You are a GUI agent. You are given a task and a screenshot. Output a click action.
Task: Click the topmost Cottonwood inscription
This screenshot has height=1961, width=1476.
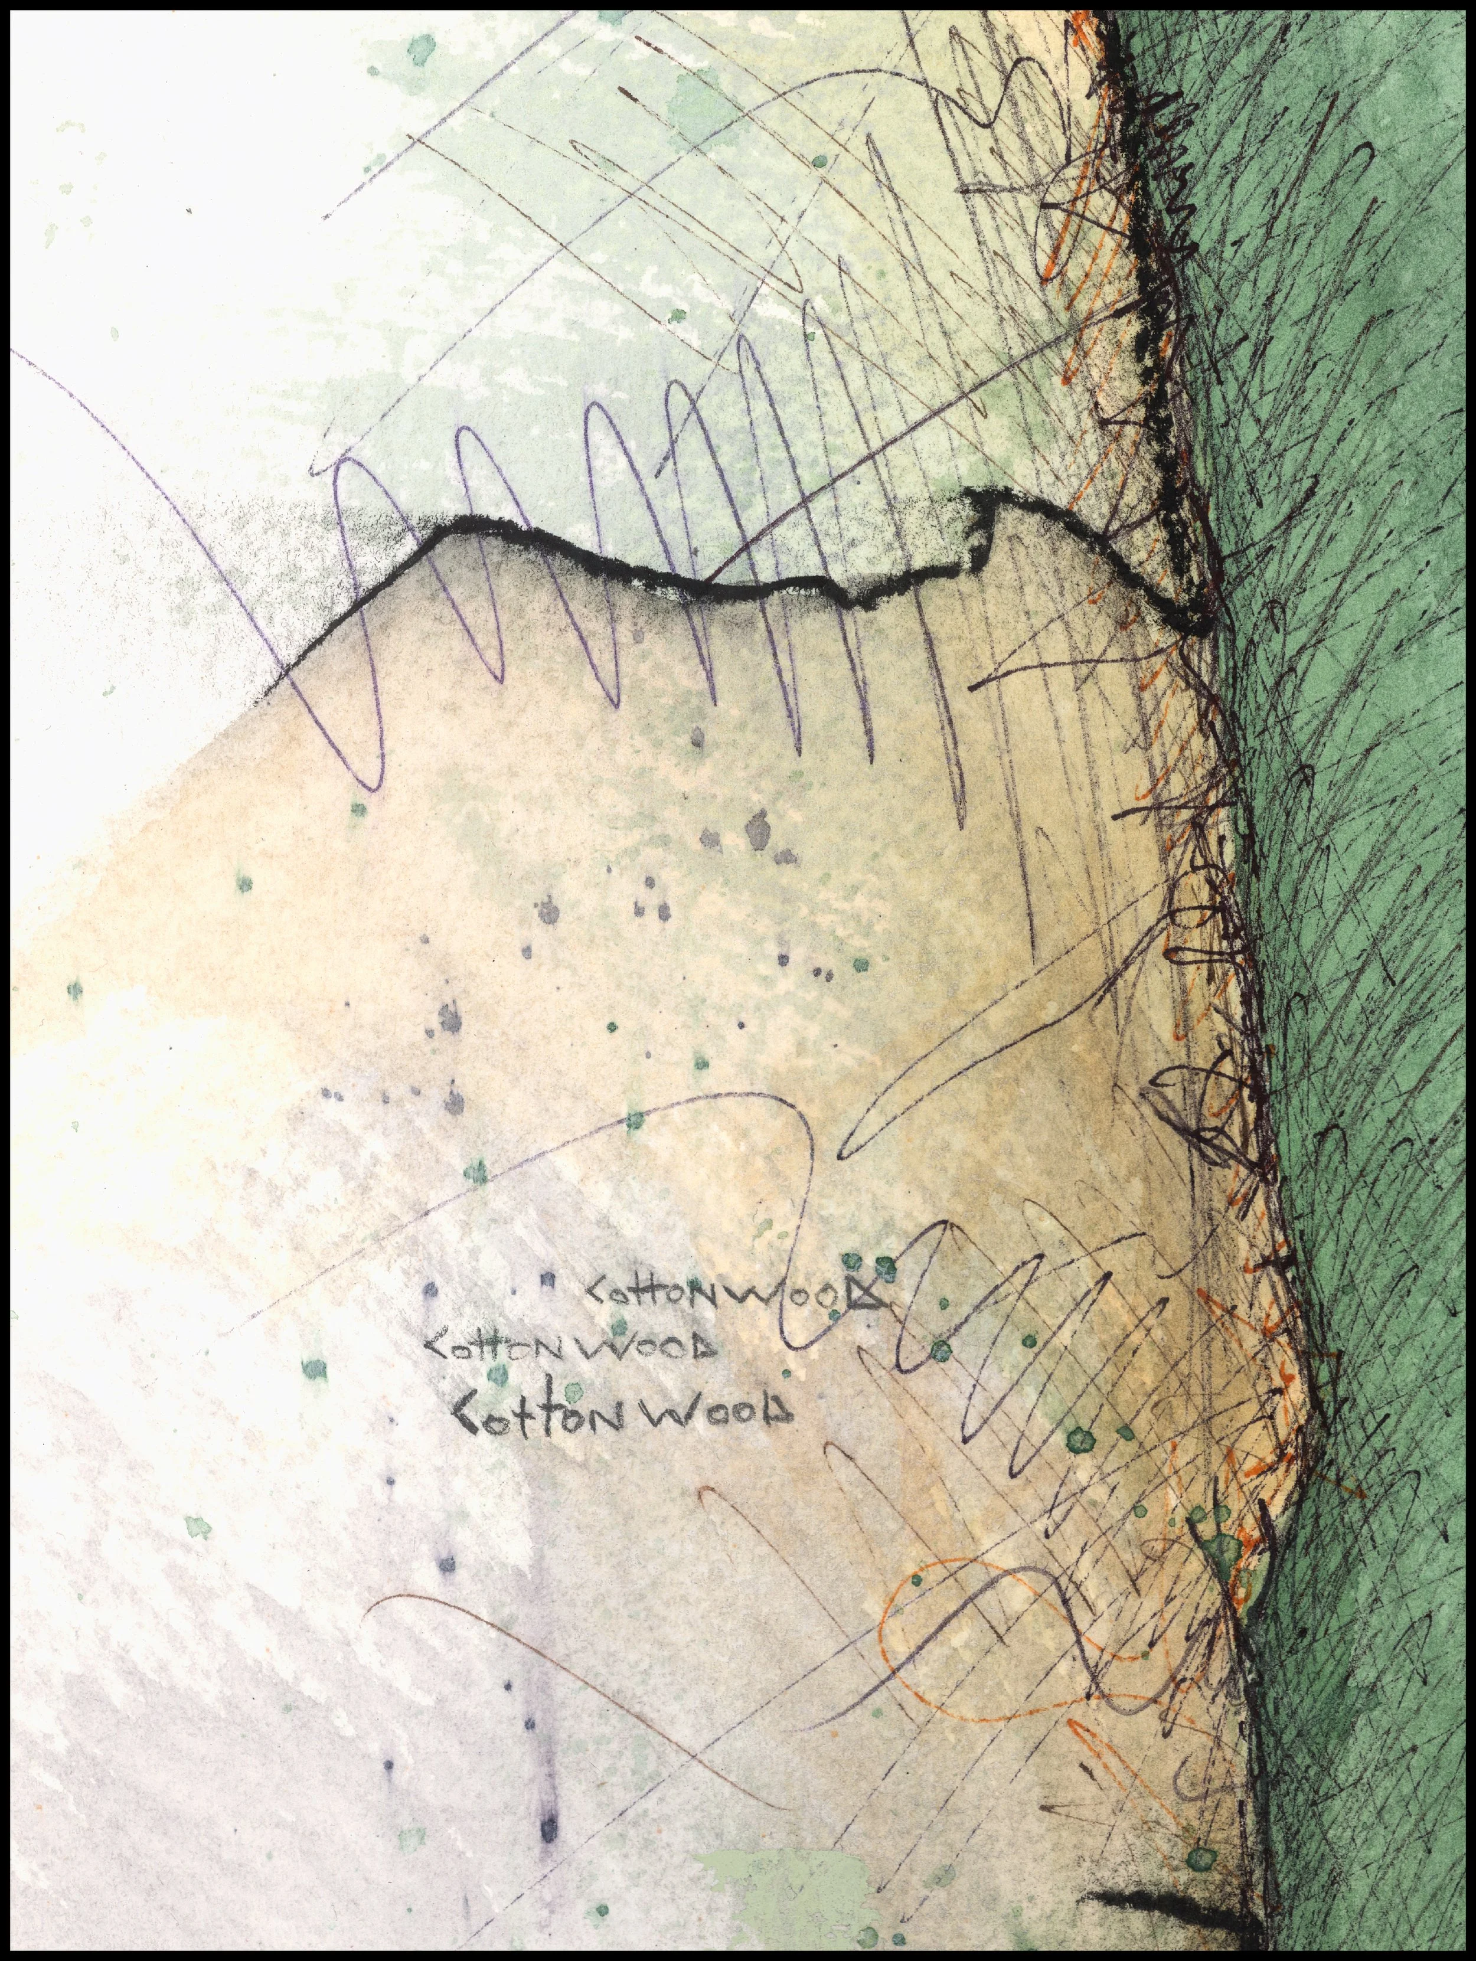[x=734, y=1295]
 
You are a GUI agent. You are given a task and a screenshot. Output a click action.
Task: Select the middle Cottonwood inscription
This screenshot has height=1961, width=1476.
[x=572, y=1350]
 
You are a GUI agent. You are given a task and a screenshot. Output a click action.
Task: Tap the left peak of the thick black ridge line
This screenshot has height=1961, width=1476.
[x=461, y=528]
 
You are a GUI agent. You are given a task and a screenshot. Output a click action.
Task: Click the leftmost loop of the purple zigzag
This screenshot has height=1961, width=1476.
[x=359, y=620]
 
